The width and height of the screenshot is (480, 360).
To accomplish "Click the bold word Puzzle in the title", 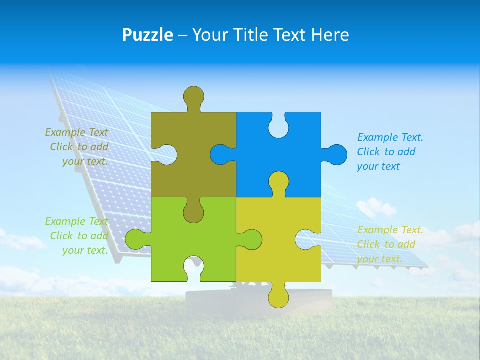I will [x=147, y=35].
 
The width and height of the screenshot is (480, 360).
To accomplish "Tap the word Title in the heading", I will [x=250, y=35].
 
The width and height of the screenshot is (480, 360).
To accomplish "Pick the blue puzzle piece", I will [x=295, y=150].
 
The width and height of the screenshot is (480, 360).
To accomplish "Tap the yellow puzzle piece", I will [x=280, y=250].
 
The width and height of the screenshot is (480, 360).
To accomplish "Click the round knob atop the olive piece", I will [x=193, y=96].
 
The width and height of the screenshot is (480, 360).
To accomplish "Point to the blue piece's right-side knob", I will [x=337, y=154].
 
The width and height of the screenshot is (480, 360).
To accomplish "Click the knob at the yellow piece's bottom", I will [x=278, y=297].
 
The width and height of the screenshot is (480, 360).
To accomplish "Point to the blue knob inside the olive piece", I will [x=220, y=154].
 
